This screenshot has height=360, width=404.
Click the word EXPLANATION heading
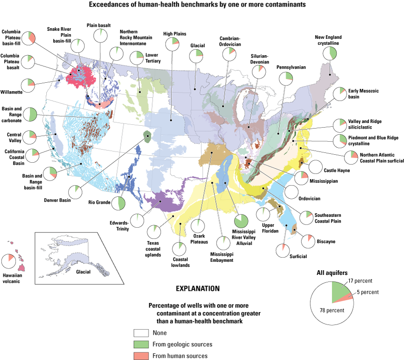tap(197, 289)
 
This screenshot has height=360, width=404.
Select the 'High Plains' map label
tap(175, 34)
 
